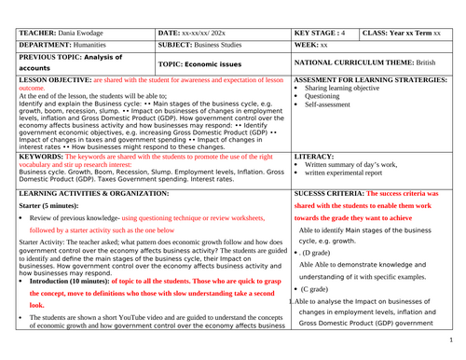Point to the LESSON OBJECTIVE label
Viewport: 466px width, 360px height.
pyautogui.click(x=61, y=81)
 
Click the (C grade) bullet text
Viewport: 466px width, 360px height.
pyautogui.click(x=322, y=290)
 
